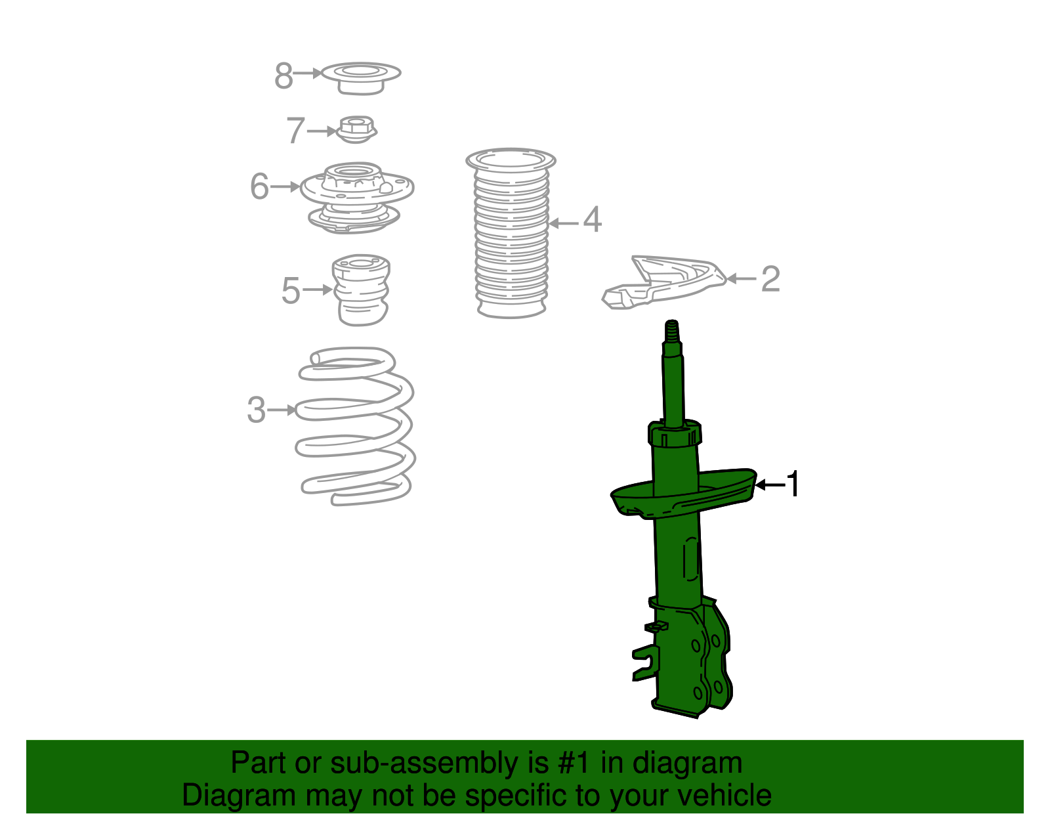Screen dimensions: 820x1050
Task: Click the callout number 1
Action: [793, 485]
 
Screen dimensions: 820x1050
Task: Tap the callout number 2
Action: [770, 279]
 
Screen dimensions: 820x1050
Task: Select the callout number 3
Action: [257, 410]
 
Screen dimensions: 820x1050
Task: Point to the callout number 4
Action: [592, 219]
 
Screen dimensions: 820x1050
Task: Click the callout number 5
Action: [290, 290]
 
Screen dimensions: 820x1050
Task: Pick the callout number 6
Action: [260, 186]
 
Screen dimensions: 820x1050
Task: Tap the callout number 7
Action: [295, 131]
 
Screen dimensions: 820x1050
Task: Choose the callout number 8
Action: [283, 76]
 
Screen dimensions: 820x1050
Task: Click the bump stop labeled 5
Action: [362, 290]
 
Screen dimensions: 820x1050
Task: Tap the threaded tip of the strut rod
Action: [672, 330]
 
